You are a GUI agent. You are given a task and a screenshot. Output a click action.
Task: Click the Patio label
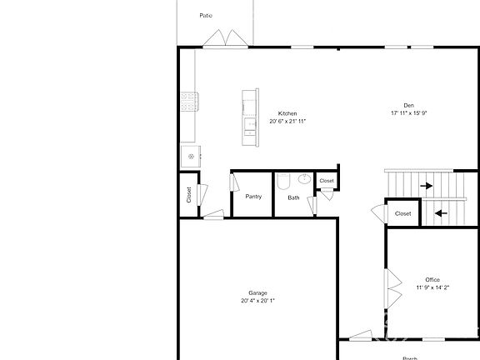pos(205,15)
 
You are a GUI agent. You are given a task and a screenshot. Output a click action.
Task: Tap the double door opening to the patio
pos(225,38)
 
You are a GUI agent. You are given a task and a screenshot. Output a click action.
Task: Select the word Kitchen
pos(287,113)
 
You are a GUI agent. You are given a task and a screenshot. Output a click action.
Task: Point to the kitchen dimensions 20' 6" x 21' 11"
pos(287,122)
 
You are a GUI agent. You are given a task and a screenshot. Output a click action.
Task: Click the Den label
pos(408,105)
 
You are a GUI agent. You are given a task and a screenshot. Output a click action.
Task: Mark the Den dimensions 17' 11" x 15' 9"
pos(408,113)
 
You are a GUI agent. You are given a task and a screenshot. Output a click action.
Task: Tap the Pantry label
pos(253,197)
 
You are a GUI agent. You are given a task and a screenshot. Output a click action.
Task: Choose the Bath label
pos(293,197)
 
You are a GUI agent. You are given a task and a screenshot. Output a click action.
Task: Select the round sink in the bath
pos(305,179)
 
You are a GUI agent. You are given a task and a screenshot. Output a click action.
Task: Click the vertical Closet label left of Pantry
pos(189,194)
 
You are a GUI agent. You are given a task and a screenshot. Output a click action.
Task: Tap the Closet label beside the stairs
pos(402,213)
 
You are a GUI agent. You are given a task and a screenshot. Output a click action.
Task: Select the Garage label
pos(257,292)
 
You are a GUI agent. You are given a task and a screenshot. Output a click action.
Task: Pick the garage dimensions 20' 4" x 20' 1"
pos(257,301)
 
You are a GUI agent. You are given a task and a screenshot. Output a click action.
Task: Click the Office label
pos(432,279)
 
